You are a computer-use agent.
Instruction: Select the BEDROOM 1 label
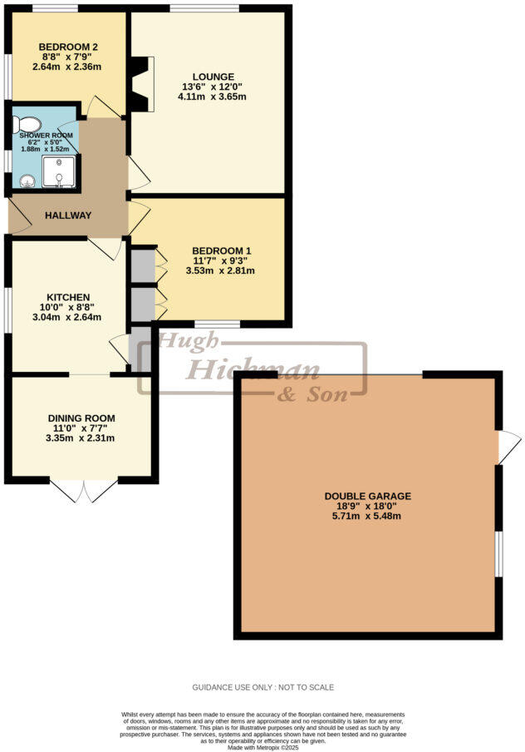pos(221,250)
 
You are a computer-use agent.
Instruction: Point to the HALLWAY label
pos(69,215)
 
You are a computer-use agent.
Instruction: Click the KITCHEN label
pos(68,297)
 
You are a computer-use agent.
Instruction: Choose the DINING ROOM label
pos(81,418)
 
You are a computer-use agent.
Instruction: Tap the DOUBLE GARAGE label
pos(367,497)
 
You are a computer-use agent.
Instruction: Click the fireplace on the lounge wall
pos(141,83)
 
